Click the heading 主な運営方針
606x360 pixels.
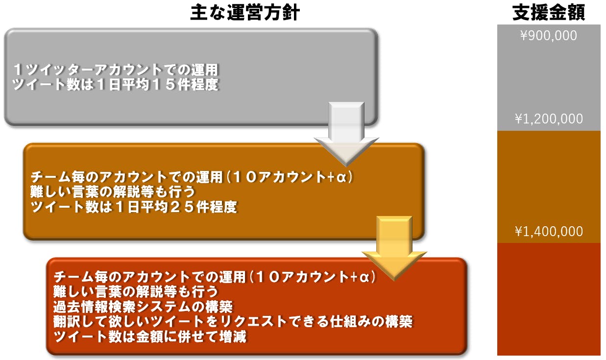tap(244, 13)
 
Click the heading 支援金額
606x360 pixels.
tap(549, 13)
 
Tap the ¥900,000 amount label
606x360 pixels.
tap(549, 36)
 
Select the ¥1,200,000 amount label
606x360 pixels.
tap(549, 119)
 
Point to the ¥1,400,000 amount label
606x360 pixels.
tap(549, 231)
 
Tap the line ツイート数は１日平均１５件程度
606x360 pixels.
tap(116, 84)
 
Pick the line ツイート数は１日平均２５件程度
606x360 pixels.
tap(134, 207)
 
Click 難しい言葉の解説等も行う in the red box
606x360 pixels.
tap(135, 292)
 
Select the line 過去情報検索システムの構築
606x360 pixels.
tap(142, 307)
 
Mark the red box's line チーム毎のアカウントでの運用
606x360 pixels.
tap(214, 277)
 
